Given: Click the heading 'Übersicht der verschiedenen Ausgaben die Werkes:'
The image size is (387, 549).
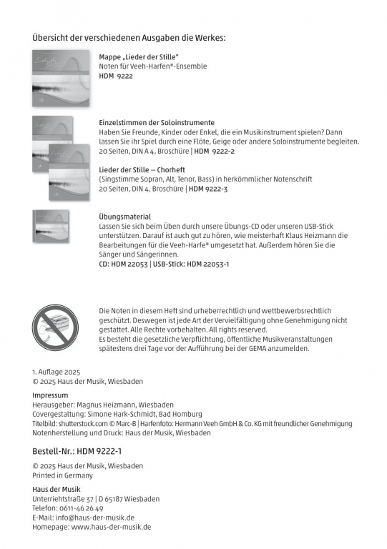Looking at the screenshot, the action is (134, 37).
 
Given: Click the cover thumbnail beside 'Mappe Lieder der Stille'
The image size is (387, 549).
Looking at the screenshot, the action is (61, 79).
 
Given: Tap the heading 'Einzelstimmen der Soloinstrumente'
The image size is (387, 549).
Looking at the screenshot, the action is (157, 123).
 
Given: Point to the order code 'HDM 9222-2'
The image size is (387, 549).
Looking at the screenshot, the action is (215, 152).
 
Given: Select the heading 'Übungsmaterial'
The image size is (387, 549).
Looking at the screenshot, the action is (124, 216).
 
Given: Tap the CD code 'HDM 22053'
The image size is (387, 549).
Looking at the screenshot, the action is (130, 264).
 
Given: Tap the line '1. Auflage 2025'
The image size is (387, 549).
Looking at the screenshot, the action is (57, 372).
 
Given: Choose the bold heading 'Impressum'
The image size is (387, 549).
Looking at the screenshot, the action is (50, 395).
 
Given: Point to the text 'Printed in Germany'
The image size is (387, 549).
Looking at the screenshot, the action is (62, 475).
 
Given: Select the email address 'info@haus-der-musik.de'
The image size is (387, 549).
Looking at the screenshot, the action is (94, 518).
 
